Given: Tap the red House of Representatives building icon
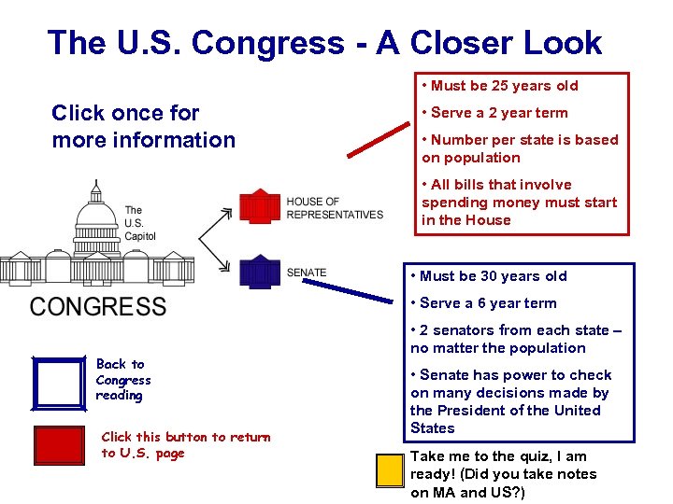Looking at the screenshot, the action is coord(260,206).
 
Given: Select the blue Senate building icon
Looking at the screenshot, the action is coord(260,272).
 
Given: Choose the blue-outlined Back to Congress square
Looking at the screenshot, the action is coord(58,383).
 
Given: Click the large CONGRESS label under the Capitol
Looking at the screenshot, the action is coord(98,306).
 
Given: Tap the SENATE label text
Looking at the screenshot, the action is coord(307,273).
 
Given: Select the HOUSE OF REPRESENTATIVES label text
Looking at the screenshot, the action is coord(335,208).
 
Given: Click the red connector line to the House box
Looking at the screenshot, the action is coord(378,139).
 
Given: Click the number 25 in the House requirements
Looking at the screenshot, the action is coord(501,86).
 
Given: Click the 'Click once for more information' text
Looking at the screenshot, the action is coord(143,126).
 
